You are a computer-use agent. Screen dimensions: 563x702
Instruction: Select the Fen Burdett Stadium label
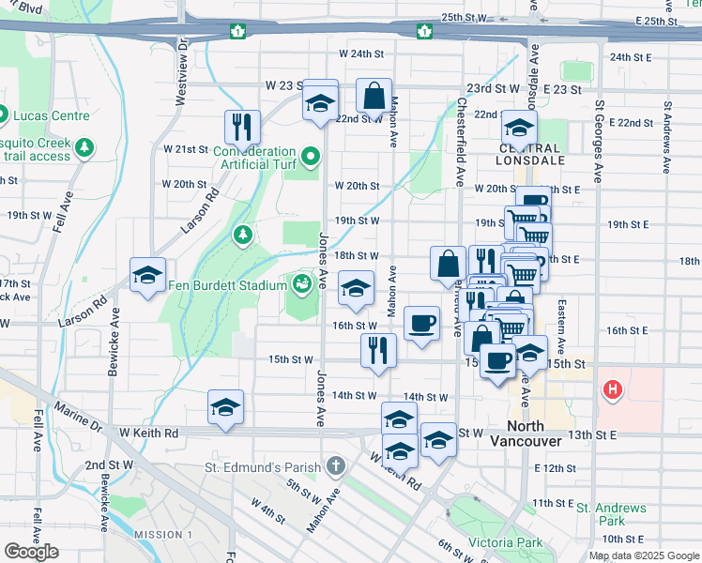pos(229,285)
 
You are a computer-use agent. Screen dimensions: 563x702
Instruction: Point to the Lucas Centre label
pos(51,115)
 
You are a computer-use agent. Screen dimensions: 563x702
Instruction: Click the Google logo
pos(31,552)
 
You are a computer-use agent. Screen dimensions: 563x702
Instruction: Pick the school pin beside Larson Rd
pos(147,274)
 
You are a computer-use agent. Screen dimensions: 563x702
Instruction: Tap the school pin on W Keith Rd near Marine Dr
pos(226,406)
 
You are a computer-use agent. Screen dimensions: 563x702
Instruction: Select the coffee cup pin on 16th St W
pos(421,323)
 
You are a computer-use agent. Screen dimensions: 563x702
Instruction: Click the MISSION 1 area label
pos(162,535)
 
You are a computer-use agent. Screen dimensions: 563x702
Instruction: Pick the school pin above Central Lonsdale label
pos(518,127)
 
